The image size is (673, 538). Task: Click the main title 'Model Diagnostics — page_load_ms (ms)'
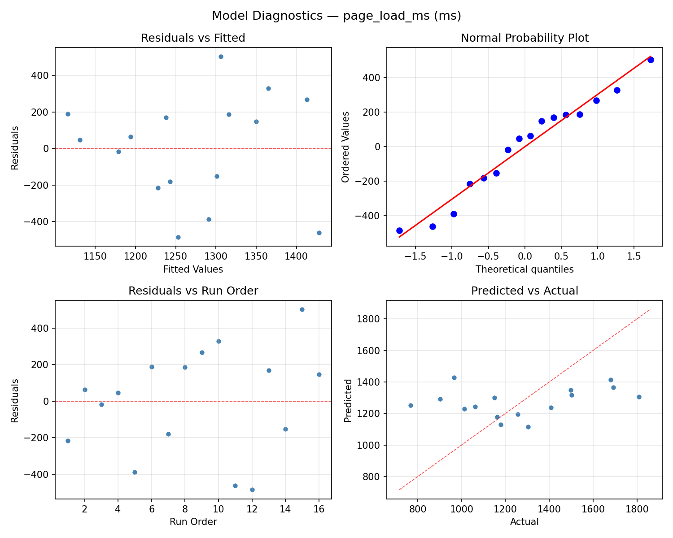coord(336,16)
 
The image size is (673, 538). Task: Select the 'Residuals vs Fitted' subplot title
coord(193,38)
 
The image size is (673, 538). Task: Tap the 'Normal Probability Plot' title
coord(524,38)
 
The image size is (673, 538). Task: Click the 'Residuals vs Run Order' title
coord(193,291)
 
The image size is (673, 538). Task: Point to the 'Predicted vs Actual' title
coord(524,291)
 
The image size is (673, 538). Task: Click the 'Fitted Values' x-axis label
coord(193,269)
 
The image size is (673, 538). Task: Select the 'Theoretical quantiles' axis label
coord(524,269)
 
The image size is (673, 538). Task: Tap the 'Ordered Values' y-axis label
coord(345,147)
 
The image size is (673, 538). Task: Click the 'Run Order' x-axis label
coord(193,522)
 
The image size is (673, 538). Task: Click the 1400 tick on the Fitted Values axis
coord(296,257)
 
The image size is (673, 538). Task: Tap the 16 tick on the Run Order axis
coord(319,509)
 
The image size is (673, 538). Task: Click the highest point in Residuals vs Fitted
coord(221,56)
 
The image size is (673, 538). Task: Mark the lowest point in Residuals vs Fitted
coord(178,237)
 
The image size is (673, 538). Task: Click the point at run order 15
coord(302,309)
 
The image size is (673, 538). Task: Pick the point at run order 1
coord(68,441)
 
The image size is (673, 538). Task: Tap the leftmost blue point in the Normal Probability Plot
coord(399,230)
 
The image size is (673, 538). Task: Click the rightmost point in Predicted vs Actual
coord(639,397)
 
